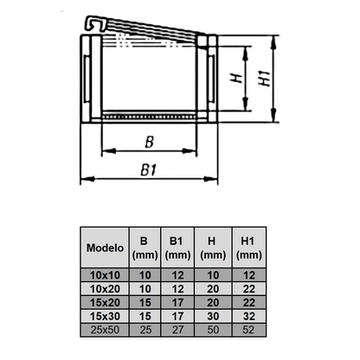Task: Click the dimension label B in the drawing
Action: pos(149,141)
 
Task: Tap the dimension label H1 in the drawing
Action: pos(264,79)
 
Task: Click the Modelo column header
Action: pos(104,247)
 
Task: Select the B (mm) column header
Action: pos(144,247)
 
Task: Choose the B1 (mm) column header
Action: pos(177,247)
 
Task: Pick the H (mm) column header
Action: pos(213,247)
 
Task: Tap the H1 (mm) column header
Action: pos(248,247)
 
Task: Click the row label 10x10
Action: pos(104,274)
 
